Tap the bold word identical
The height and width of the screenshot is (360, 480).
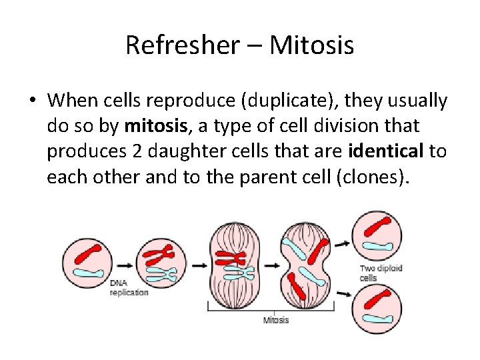point(386,151)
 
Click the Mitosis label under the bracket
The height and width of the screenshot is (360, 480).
point(276,320)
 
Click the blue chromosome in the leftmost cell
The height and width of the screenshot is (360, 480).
point(88,273)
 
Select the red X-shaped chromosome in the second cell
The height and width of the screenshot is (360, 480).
point(160,253)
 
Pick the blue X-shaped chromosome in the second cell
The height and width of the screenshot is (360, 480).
point(161,273)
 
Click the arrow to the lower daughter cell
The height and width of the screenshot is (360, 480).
point(343,293)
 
